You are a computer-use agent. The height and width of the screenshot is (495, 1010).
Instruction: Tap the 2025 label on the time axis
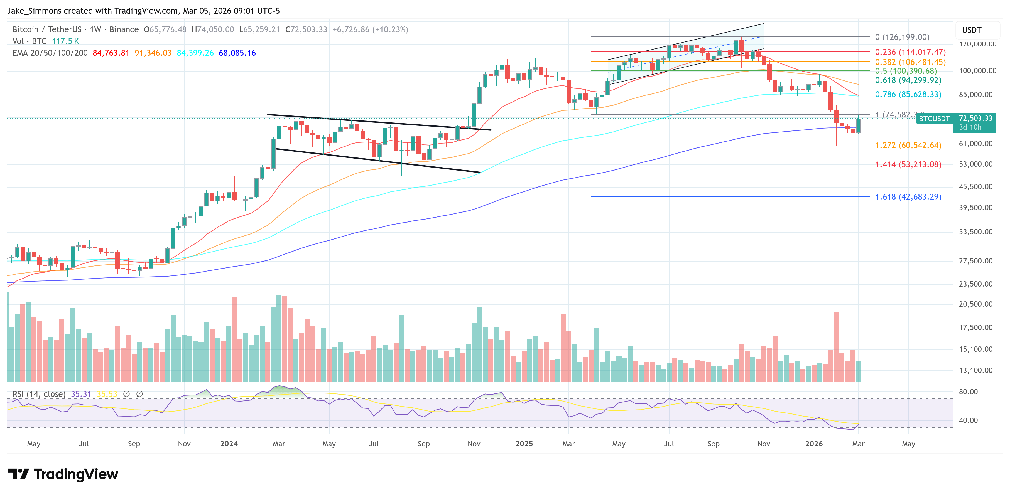point(524,444)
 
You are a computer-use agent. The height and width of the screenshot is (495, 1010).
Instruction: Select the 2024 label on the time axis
point(229,444)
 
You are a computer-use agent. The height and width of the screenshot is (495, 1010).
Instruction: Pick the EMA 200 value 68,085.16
point(237,53)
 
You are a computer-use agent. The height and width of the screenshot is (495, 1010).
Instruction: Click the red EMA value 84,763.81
point(111,53)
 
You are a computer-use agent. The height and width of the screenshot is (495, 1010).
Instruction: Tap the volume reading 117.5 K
point(65,41)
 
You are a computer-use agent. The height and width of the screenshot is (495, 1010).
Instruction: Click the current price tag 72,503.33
point(975,118)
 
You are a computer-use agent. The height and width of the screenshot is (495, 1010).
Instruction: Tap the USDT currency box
point(972,30)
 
